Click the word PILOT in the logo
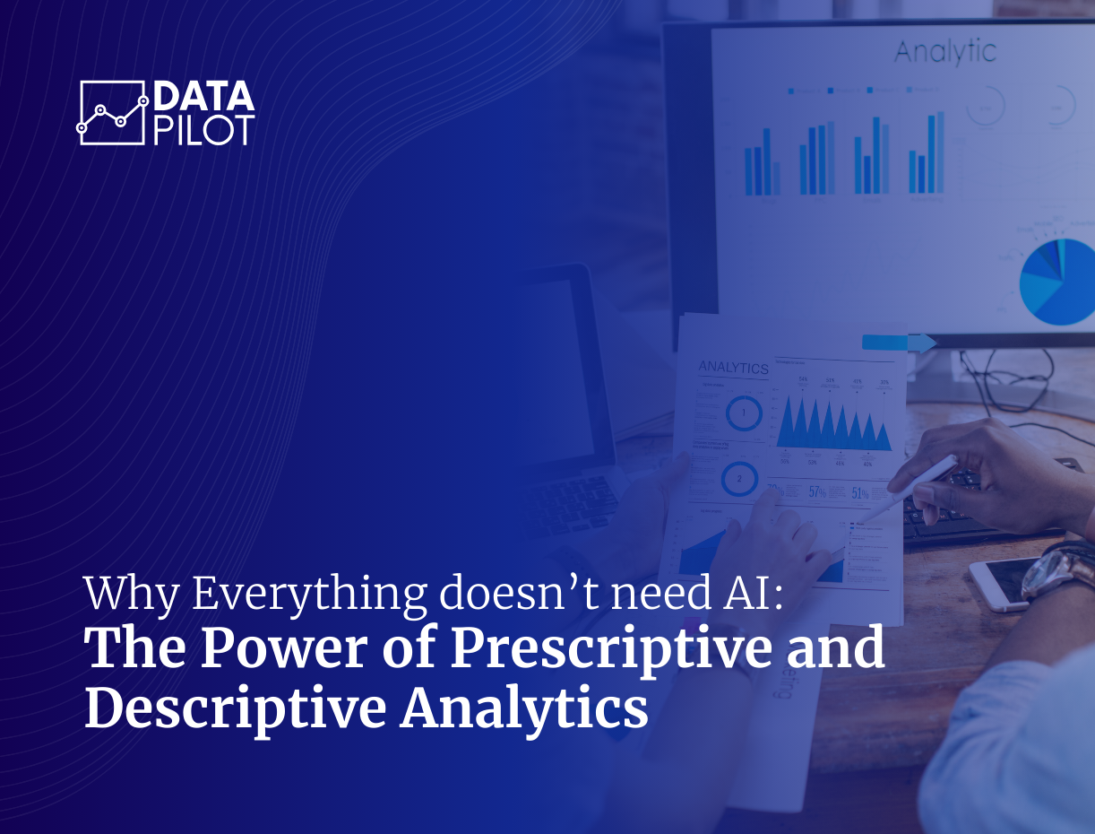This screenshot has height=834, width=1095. coord(204,129)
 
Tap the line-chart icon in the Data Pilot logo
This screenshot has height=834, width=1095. coord(112,113)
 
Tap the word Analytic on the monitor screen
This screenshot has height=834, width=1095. coord(944,52)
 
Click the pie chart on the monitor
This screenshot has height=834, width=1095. coord(1057,282)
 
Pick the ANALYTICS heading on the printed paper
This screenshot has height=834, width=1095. coord(733,368)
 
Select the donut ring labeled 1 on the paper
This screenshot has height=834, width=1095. coord(743,413)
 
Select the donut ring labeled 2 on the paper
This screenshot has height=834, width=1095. coord(739,479)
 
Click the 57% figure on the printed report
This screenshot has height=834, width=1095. coord(817,491)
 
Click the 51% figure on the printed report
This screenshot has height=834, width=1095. coord(859,492)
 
